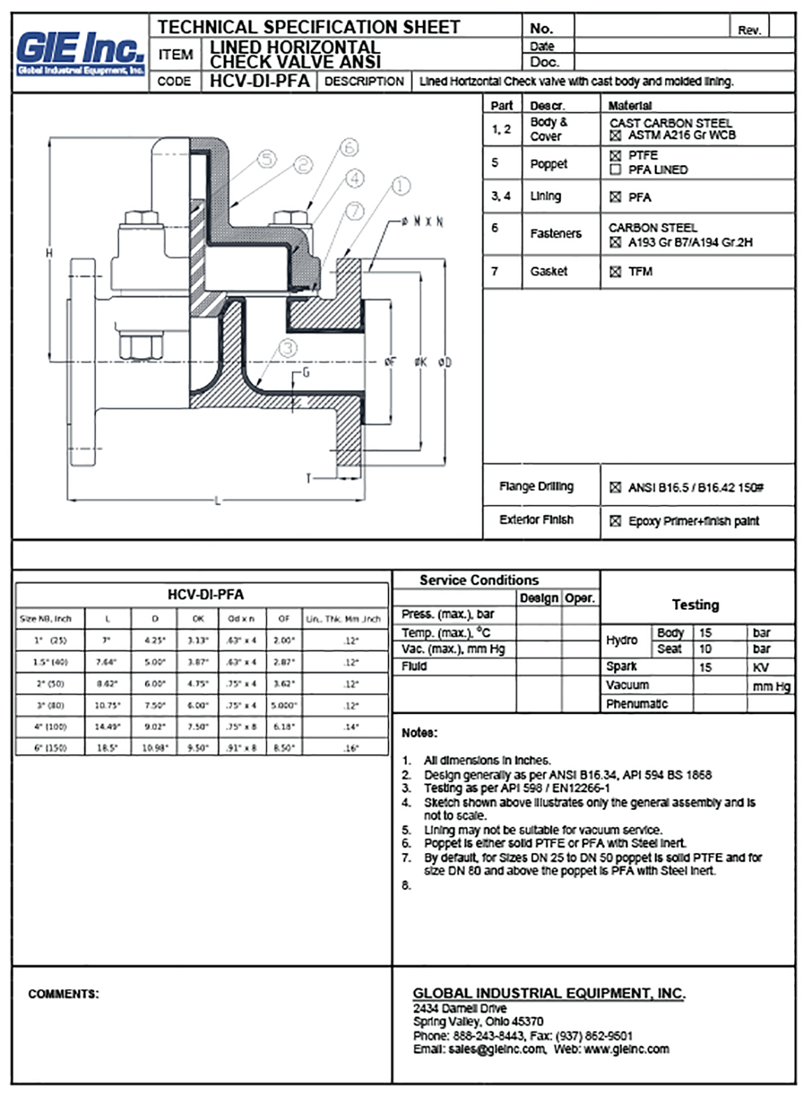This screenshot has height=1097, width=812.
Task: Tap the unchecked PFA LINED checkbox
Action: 615,169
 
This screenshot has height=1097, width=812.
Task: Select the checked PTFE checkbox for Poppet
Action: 615,155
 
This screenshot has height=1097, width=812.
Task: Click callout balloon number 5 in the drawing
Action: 267,160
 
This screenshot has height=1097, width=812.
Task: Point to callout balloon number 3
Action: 288,348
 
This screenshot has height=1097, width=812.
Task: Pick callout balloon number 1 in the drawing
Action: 401,186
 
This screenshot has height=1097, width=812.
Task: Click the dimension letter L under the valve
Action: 217,501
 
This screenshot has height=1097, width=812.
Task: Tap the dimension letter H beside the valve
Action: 49,252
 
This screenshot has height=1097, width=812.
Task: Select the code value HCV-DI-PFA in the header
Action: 259,81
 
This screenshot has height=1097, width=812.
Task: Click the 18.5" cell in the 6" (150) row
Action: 107,748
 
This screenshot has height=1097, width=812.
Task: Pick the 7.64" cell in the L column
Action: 107,662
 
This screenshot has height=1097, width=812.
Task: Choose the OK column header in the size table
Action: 198,618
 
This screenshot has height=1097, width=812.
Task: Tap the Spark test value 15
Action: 705,667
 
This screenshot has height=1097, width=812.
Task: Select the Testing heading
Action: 695,605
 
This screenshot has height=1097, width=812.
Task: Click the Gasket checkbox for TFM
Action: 615,272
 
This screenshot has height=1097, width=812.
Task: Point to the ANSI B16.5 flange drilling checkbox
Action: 615,488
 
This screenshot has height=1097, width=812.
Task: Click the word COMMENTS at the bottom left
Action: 63,994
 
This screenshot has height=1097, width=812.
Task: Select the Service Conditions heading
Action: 479,580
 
